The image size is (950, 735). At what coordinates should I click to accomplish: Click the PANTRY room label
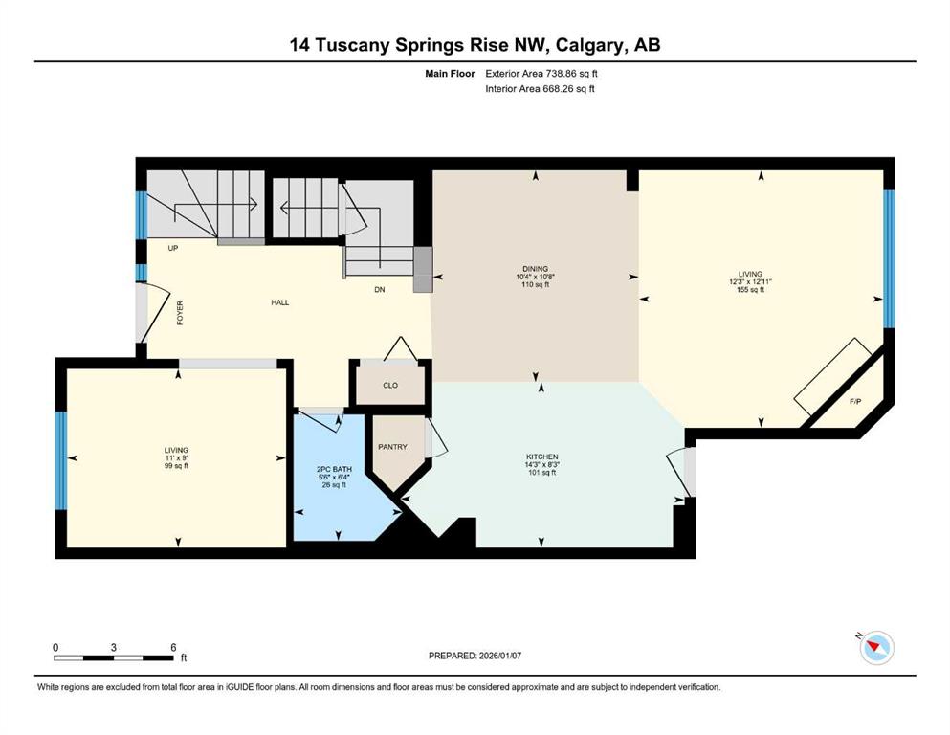tap(392, 447)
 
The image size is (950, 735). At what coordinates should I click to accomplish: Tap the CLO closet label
tap(389, 387)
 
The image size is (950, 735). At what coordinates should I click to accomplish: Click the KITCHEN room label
tap(541, 457)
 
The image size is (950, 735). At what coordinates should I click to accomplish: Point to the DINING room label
tap(534, 269)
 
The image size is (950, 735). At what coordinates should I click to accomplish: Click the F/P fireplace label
tap(855, 400)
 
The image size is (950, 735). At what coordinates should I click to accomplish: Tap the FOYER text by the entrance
tap(180, 314)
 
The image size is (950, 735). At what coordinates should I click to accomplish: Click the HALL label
tap(279, 302)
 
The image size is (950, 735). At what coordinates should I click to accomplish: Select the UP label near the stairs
tap(173, 248)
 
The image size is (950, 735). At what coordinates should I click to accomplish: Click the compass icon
tap(875, 648)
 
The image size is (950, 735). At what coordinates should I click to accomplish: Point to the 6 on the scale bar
tap(173, 647)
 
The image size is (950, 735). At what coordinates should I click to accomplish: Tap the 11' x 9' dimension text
tap(175, 457)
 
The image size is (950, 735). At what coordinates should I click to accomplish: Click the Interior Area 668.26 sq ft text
tap(541, 89)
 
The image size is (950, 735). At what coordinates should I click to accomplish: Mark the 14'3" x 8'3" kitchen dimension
tap(541, 465)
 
